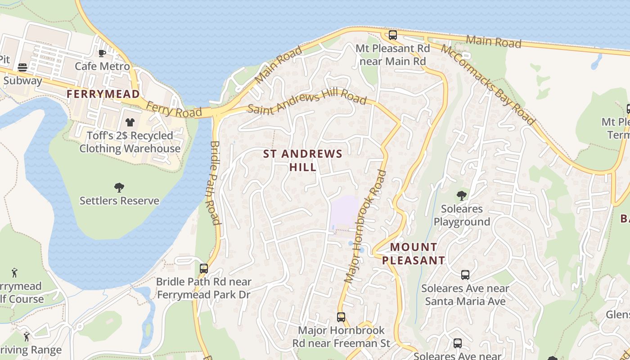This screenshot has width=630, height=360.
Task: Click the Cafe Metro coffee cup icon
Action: click(102, 53)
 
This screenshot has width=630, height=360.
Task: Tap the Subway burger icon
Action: click(22, 67)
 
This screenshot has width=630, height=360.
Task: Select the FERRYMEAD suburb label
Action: click(103, 94)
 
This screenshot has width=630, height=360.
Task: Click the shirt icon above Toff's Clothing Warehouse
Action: click(130, 122)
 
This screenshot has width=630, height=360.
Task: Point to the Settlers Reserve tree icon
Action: click(119, 187)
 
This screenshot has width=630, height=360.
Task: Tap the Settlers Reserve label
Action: click(119, 201)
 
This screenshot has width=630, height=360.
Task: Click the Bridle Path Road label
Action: click(214, 183)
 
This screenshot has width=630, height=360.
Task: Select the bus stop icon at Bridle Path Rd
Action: click(204, 269)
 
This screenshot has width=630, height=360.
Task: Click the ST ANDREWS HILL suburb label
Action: click(303, 160)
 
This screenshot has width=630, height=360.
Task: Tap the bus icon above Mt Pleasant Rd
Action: click(393, 35)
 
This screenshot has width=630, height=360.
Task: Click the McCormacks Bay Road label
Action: click(488, 84)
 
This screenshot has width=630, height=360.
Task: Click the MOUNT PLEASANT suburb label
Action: click(414, 253)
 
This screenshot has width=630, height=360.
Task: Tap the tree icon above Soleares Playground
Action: click(461, 195)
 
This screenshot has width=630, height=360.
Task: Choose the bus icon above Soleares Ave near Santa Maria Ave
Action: click(465, 274)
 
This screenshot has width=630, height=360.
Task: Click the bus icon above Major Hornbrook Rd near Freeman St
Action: click(341, 317)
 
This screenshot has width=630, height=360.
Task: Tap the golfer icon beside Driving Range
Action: click(27, 336)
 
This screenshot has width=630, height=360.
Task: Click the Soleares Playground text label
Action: click(462, 215)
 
